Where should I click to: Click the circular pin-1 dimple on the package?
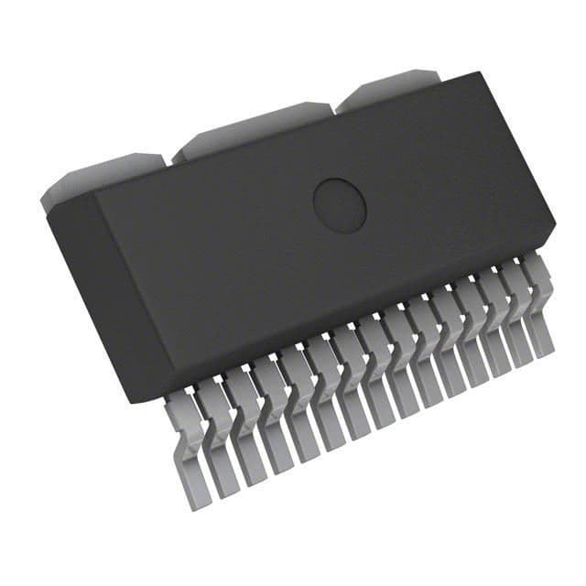click(340, 204)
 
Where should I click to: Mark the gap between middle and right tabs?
click(335, 107)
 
